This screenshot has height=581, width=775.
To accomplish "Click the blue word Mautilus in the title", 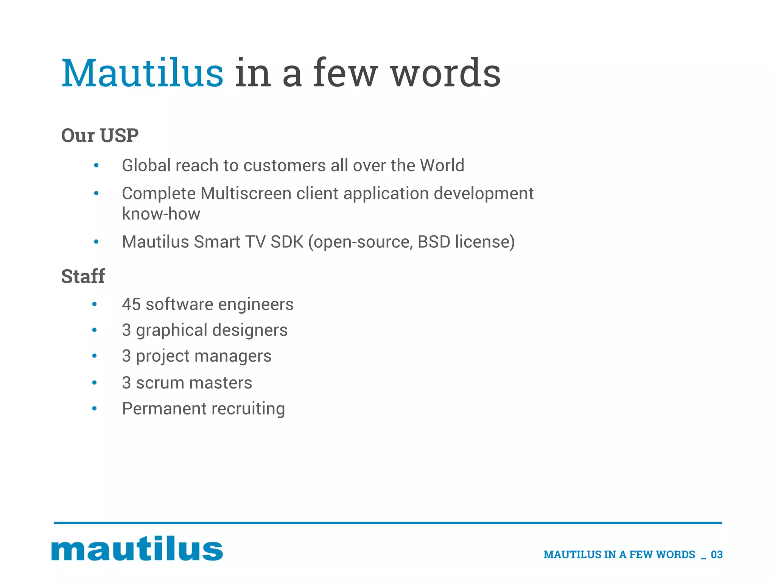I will (x=142, y=73).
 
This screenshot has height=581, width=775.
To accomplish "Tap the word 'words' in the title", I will (x=445, y=73).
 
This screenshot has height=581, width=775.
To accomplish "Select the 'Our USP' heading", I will (x=100, y=135).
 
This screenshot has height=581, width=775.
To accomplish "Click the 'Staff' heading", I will (x=83, y=276).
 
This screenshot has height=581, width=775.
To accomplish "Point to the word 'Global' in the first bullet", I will (x=146, y=166).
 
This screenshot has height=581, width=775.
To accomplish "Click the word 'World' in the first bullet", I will (x=442, y=166).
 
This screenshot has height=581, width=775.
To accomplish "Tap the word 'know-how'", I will (x=161, y=214).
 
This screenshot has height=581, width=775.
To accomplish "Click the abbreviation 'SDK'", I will (x=287, y=242).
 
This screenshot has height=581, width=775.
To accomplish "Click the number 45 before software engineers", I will (x=131, y=304).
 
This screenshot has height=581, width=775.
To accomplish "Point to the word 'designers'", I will (x=250, y=330).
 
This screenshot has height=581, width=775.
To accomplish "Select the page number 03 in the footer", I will (x=716, y=555).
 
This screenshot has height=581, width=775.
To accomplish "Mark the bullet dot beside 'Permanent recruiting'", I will (x=95, y=409).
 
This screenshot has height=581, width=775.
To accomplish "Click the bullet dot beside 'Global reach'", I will (x=96, y=166).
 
